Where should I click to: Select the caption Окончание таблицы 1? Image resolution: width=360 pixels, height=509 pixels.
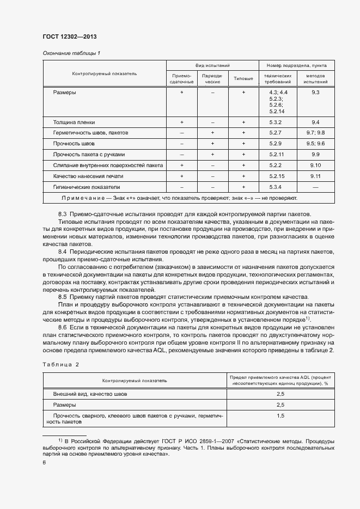coord(71,53)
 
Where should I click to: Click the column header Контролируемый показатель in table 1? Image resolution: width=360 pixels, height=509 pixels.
coord(105,73)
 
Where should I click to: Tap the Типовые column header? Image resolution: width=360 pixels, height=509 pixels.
coord(243,78)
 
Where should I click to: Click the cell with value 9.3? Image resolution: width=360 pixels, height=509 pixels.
coord(315,93)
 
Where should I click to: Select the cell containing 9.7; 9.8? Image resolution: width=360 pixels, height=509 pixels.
coord(315,133)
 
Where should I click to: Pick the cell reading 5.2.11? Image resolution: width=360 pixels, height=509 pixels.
coord(275,154)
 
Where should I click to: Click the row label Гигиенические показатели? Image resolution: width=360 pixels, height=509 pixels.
coord(82,186)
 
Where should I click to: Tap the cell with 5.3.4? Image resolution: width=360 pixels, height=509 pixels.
coord(275,186)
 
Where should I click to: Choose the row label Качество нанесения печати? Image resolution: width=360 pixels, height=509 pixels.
coord(88,176)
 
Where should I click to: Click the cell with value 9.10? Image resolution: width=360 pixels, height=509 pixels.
coord(315,165)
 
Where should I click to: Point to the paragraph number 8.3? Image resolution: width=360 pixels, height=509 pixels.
coord(62,214)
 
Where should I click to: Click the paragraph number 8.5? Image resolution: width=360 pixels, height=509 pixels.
coord(62,297)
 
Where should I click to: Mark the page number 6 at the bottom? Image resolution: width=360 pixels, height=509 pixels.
coord(44,462)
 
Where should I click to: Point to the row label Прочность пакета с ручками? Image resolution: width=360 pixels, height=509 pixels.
coord(89,154)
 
